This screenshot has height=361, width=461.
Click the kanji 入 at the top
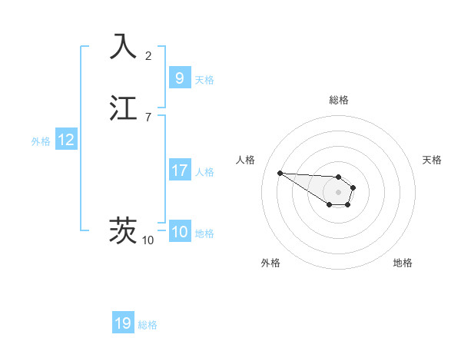tap(123, 45)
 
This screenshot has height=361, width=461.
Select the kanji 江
tap(123, 108)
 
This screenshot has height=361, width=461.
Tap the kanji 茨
tap(123, 230)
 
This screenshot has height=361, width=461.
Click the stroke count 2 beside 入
tap(148, 55)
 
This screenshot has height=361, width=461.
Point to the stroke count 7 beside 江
tap(148, 118)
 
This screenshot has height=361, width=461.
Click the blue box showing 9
tap(179, 78)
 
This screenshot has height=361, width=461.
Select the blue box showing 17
tap(179, 171)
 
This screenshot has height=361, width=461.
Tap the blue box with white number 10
tap(179, 232)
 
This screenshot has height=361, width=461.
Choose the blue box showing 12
tap(66, 140)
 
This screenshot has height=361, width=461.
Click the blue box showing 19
tap(123, 323)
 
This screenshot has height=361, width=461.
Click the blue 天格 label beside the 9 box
tap(204, 79)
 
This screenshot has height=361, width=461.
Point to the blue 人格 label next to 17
tap(204, 171)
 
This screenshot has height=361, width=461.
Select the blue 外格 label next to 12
tap(41, 141)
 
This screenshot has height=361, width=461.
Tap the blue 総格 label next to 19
tap(148, 324)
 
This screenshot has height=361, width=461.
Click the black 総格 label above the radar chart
tap(338, 100)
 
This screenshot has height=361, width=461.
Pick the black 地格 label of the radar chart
tap(403, 263)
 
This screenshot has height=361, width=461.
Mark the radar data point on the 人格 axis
tap(280, 173)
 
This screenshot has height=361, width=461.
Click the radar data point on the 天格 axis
tap(353, 187)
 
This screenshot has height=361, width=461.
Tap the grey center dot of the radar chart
tap(338, 192)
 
